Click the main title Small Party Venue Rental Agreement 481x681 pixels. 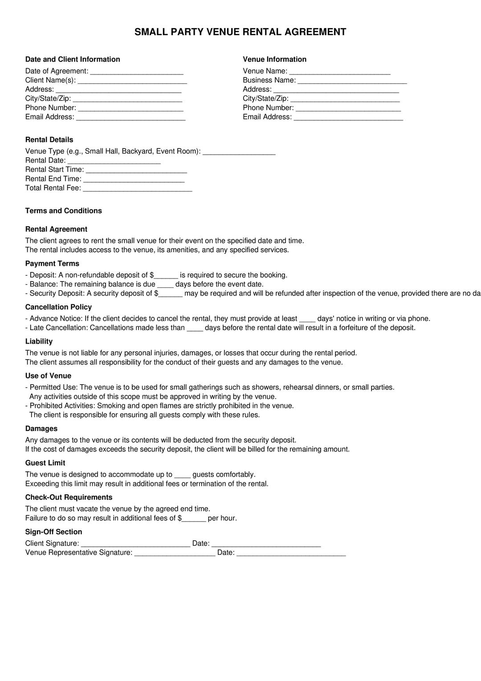tap(240, 32)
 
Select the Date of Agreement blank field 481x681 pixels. tap(137, 72)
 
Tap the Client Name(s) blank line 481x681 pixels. tap(132, 81)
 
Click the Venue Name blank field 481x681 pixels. tap(340, 72)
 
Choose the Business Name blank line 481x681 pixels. tap(352, 81)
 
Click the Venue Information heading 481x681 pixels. tap(274, 59)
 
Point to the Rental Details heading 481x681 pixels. tap(49, 139)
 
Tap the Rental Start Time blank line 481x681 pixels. tap(136, 170)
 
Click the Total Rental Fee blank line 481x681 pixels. tap(138, 189)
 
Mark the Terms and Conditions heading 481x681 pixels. tap(63, 211)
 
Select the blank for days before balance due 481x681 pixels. tap(165, 285)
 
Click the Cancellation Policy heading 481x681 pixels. tap(58, 307)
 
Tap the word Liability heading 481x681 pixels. tap(39, 341)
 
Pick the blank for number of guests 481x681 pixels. tap(183, 475)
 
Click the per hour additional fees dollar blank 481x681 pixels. tap(194, 519)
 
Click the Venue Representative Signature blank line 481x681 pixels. tap(175, 553)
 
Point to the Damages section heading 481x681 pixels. tap(41, 429)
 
